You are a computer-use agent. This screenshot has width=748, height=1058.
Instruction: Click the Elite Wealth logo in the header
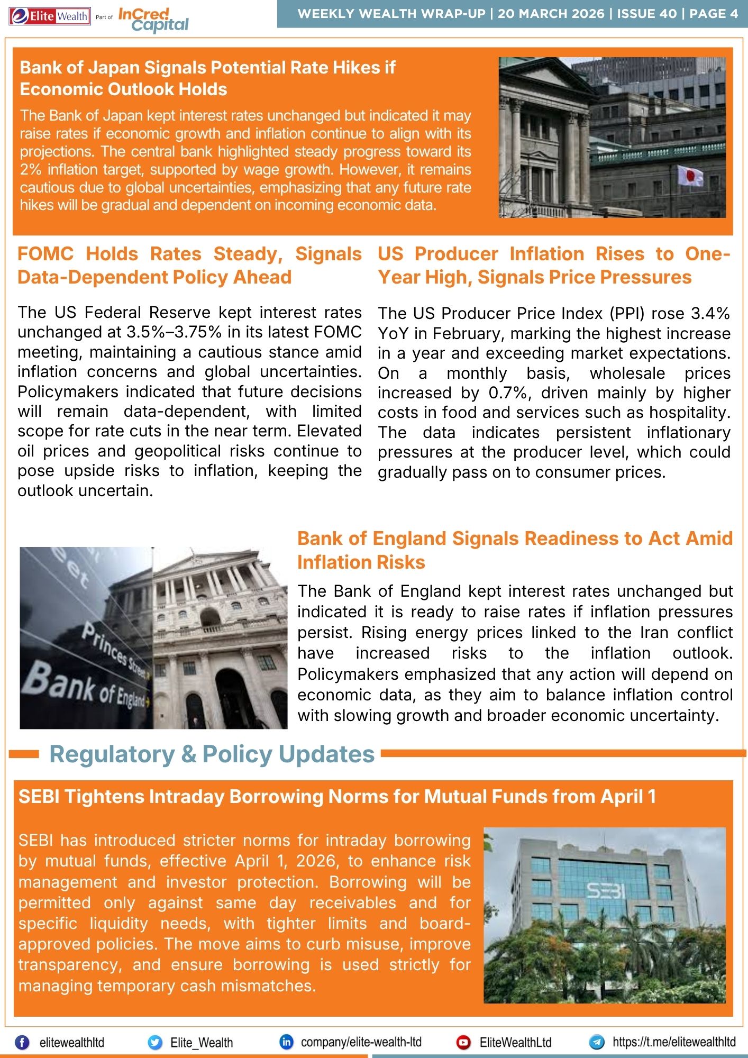[x=50, y=16]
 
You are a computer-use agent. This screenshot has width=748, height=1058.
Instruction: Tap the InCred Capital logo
[x=152, y=20]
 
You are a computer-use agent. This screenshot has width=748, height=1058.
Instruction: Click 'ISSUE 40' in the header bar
[x=646, y=14]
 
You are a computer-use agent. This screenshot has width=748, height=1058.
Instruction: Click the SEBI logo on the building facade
[x=606, y=890]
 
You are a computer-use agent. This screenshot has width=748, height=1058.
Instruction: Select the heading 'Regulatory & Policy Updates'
[x=212, y=754]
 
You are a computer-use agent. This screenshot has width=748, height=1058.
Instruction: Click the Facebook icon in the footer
[x=22, y=1042]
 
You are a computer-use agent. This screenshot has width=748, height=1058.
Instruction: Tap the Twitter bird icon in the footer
[x=155, y=1042]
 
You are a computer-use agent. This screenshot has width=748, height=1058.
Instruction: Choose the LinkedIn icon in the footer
[x=286, y=1042]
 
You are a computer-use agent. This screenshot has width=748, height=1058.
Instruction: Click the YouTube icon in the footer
[x=463, y=1042]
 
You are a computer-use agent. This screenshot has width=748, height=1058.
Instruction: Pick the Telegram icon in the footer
[x=597, y=1042]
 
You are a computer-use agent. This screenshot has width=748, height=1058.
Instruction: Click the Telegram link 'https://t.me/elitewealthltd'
[x=673, y=1042]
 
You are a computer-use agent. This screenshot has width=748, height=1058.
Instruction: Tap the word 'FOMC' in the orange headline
[x=45, y=254]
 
